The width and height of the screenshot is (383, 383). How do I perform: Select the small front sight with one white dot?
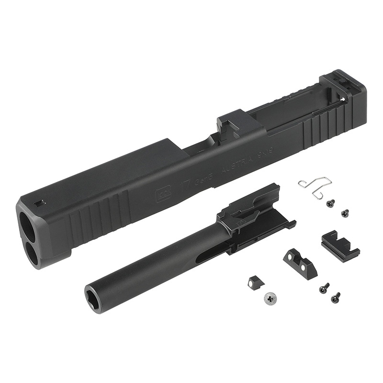click(253, 282)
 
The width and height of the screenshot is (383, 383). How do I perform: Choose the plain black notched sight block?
click(339, 243)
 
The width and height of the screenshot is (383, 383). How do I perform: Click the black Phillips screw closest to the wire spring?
click(330, 203)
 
